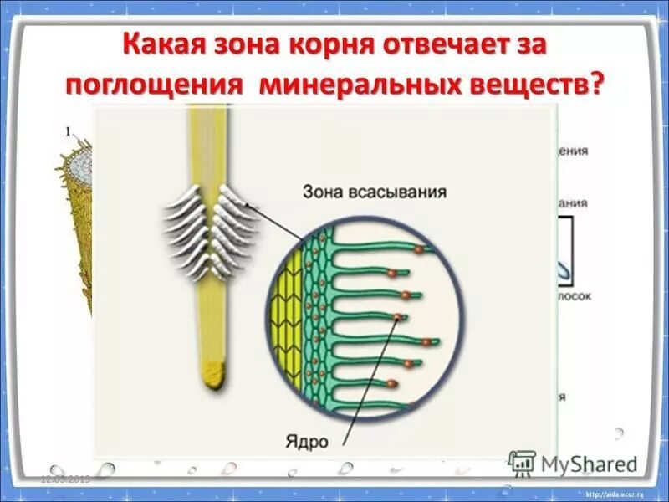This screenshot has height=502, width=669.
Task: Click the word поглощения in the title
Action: (155, 86)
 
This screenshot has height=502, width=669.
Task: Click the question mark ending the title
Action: (595, 86)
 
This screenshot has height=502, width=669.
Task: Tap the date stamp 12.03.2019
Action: (66, 479)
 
